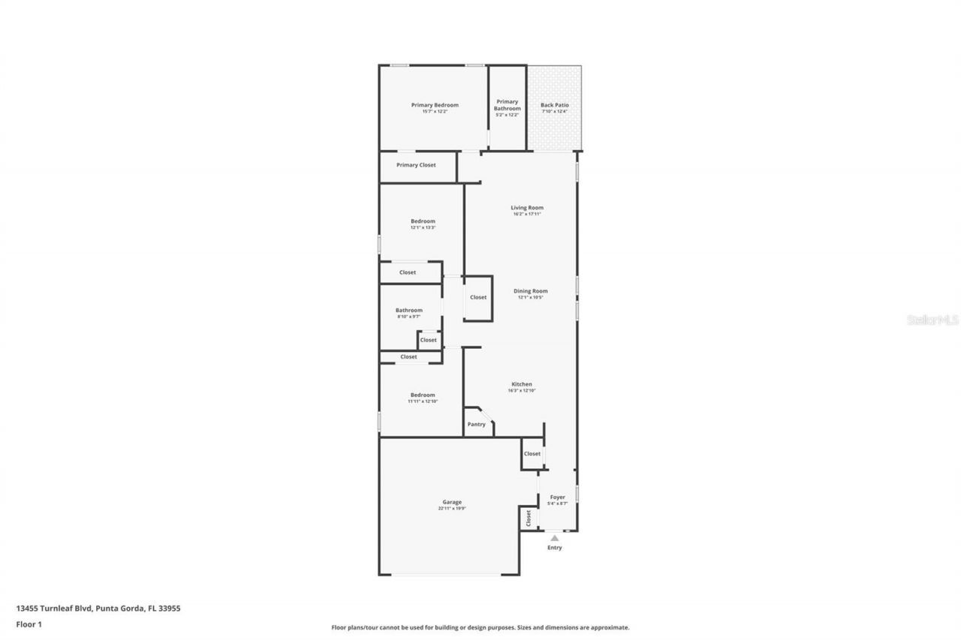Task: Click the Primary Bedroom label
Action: tap(435, 105)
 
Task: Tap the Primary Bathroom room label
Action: tap(508, 105)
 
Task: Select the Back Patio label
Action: tap(555, 105)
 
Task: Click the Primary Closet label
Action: tap(416, 165)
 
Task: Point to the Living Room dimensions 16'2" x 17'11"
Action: tap(527, 214)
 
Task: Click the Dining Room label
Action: tap(531, 291)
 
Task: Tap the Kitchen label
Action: tap(522, 384)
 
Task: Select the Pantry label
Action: tap(477, 425)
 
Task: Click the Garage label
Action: tap(452, 502)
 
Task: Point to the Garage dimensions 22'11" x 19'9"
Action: tap(452, 509)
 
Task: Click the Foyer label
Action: tap(558, 497)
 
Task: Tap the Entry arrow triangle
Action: tap(555, 537)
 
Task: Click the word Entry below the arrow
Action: tap(554, 548)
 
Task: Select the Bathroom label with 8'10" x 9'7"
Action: tap(409, 310)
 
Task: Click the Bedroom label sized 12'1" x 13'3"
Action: tap(423, 221)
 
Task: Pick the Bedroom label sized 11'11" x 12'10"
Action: tap(423, 395)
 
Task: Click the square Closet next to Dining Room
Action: tap(478, 297)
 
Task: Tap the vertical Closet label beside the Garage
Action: tap(528, 518)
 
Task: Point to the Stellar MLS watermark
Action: tap(933, 320)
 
